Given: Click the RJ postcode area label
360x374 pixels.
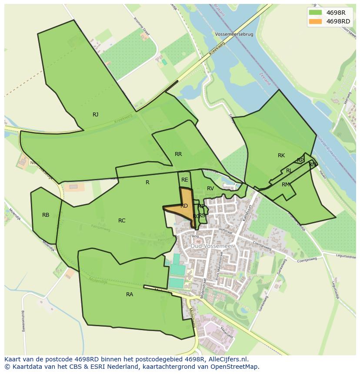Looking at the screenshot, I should pyautogui.click(x=95, y=115).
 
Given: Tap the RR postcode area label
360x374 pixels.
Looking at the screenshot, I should pyautogui.click(x=178, y=154).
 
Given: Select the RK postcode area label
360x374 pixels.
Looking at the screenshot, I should pyautogui.click(x=281, y=156).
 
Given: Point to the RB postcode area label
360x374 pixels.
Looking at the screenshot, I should pyautogui.click(x=46, y=215).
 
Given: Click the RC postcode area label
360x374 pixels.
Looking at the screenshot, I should pyautogui.click(x=122, y=221).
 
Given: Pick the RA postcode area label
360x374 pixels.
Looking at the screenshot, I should pyautogui.click(x=130, y=295).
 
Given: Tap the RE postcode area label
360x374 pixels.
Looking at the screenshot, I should pyautogui.click(x=185, y=180).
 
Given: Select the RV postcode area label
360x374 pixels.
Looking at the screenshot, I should pyautogui.click(x=210, y=189).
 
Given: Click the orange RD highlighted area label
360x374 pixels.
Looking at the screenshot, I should pyautogui.click(x=184, y=206).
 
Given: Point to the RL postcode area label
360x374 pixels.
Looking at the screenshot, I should pyautogui.click(x=289, y=171).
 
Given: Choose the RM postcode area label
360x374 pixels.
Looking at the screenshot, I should pyautogui.click(x=285, y=185).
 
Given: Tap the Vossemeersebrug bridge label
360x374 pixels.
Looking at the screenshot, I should pyautogui.click(x=233, y=33).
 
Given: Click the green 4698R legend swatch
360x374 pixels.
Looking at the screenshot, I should pyautogui.click(x=316, y=13).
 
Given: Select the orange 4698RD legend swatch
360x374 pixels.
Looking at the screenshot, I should pyautogui.click(x=316, y=21).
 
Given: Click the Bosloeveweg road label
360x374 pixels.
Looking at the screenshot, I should pyautogui.click(x=23, y=321).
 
